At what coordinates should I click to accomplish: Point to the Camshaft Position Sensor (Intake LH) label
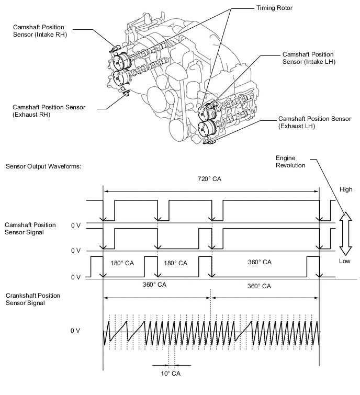pyautogui.click(x=308, y=58)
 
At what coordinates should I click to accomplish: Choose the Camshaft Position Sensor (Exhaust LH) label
pyautogui.click(x=314, y=122)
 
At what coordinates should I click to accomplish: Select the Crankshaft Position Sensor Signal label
pyautogui.click(x=32, y=299)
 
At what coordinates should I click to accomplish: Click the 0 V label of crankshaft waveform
pyautogui.click(x=76, y=331)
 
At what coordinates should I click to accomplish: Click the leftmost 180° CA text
pyautogui.click(x=122, y=263)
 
